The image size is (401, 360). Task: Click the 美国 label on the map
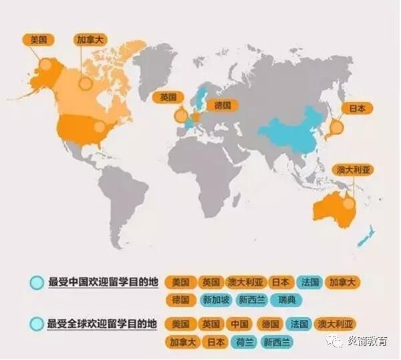pyautogui.click(x=39, y=39)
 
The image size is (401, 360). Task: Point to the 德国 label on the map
pyautogui.click(x=222, y=105)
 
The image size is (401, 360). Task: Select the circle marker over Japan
pyautogui.click(x=336, y=127)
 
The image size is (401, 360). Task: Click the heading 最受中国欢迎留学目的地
pyautogui.click(x=102, y=282)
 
